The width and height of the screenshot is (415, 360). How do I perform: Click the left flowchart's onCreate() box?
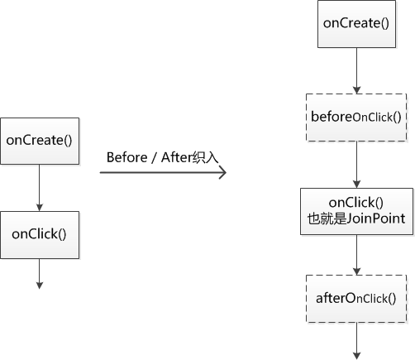click(x=40, y=142)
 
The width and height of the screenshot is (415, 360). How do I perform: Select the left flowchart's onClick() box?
click(x=40, y=235)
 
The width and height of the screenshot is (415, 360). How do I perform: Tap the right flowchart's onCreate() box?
click(x=356, y=24)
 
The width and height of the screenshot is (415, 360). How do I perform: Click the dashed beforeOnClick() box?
click(x=356, y=118)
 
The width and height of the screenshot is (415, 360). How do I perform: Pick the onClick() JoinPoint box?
click(x=357, y=212)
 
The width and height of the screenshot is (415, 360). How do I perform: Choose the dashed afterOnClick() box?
click(x=356, y=299)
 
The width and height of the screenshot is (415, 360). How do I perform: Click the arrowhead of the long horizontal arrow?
click(x=223, y=173)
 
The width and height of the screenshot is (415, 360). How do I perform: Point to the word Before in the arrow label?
click(x=126, y=157)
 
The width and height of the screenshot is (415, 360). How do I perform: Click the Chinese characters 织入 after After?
click(x=205, y=157)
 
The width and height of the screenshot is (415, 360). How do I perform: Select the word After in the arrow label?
click(x=176, y=157)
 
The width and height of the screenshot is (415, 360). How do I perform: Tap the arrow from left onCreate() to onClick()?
click(x=40, y=188)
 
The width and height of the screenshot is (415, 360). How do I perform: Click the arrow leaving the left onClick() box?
click(x=40, y=274)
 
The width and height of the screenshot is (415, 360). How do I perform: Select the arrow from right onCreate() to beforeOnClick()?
click(x=357, y=71)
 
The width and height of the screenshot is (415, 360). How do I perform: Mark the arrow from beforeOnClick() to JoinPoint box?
click(x=357, y=165)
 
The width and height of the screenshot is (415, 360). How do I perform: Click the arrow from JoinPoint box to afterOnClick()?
click(x=357, y=255)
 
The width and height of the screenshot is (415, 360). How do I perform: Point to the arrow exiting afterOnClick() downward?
click(x=357, y=341)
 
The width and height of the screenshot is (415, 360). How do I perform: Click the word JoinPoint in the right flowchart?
click(x=376, y=218)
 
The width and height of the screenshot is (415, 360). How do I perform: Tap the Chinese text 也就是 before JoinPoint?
click(x=327, y=218)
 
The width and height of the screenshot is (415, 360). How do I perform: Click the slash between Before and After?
click(x=155, y=157)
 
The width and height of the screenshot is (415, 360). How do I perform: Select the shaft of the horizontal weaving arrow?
click(x=163, y=173)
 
